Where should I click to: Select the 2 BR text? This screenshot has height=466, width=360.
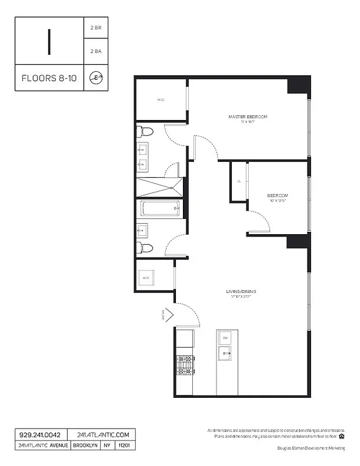[96, 28]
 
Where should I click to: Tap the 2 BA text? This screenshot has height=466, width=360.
[96, 51]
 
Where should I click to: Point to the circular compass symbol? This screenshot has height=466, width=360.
[96, 78]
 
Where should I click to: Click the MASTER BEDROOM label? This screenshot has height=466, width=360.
[248, 117]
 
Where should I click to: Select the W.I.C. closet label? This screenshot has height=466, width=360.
[161, 100]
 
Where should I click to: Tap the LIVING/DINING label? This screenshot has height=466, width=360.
[241, 291]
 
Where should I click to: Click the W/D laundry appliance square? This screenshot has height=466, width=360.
[146, 278]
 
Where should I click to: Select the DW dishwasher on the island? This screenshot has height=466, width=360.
[225, 337]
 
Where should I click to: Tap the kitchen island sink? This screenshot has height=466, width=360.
[225, 352]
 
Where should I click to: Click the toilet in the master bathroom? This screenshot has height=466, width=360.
[144, 132]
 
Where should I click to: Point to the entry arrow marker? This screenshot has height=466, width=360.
[167, 315]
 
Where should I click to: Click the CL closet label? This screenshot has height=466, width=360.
[239, 181]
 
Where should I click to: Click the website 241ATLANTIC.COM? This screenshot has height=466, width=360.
[98, 435]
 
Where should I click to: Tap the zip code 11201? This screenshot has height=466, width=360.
[124, 446]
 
